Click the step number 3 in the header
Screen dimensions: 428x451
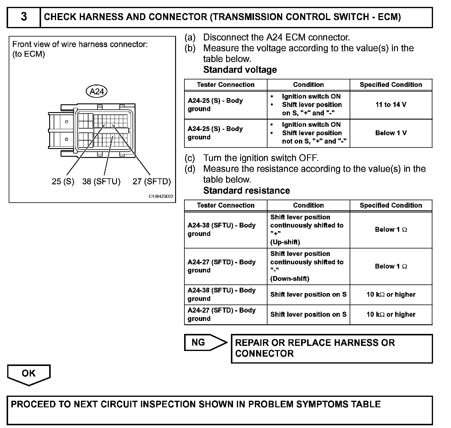pos(24,17)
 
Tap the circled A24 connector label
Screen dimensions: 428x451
pos(97,91)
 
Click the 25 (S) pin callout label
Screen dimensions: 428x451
pos(63,181)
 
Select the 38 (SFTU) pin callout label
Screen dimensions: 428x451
pos(101,181)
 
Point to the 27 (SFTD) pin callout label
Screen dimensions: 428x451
pos(151,181)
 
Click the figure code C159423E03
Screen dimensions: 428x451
pos(161,197)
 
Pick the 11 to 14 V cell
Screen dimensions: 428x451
pos(391,105)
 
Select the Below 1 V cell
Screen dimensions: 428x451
pos(391,133)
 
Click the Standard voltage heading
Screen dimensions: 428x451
pos(240,70)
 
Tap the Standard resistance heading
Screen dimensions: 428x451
pos(246,191)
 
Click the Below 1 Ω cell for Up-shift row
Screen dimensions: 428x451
pos(391,230)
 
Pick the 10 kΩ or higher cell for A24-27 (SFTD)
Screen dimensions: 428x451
pos(391,314)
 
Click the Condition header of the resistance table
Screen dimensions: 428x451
pos(308,205)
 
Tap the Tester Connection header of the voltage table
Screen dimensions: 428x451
pos(225,85)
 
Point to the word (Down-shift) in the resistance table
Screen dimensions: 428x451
pos(290,278)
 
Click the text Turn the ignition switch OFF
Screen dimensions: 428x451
pos(261,158)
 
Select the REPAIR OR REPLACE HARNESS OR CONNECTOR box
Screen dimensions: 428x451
pos(331,348)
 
